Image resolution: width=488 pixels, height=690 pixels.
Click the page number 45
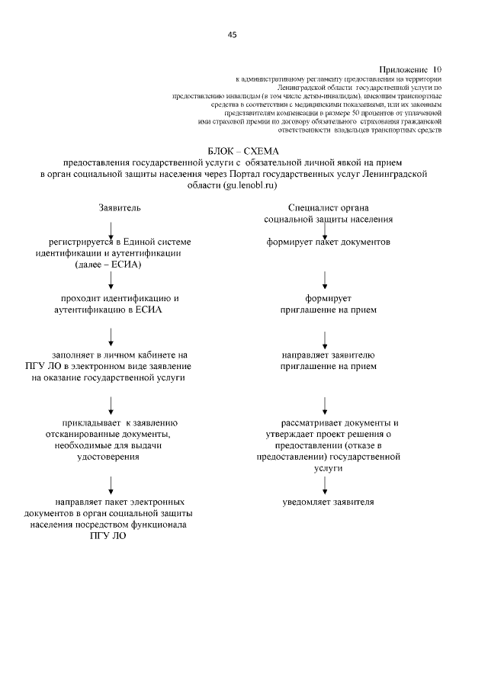[232, 34]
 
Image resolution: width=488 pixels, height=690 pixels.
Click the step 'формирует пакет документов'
[328, 242]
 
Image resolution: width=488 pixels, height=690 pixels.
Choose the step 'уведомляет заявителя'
[328, 502]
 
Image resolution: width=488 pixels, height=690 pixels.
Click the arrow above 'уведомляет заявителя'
[326, 484]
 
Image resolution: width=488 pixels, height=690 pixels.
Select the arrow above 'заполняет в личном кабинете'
[111, 335]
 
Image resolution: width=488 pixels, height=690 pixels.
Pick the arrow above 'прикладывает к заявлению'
[111, 403]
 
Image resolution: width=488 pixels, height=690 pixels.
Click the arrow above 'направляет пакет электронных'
[111, 484]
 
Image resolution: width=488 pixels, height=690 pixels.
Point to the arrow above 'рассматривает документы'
[326, 403]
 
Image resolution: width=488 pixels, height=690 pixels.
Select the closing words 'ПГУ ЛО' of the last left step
[107, 536]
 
